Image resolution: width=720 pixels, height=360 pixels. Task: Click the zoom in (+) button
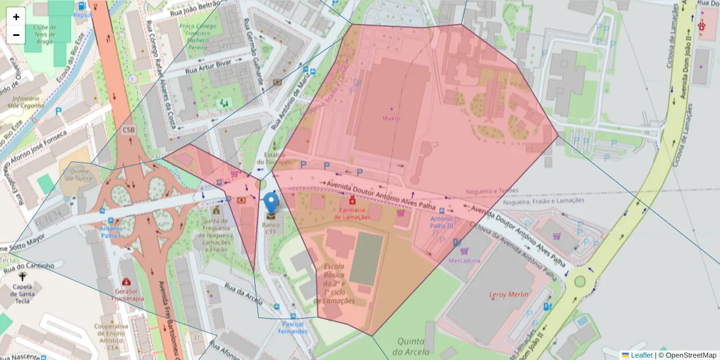16,17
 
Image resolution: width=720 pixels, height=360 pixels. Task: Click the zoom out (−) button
16,35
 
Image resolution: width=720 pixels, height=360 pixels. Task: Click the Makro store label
391,118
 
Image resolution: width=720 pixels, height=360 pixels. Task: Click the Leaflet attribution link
641,355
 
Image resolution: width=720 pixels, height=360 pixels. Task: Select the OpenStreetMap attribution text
687,355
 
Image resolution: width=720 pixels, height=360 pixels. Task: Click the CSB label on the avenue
128,130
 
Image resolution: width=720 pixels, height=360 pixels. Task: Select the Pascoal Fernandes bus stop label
292,328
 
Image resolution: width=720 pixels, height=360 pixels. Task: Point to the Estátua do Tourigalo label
275,158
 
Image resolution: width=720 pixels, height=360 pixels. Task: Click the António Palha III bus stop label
442,223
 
